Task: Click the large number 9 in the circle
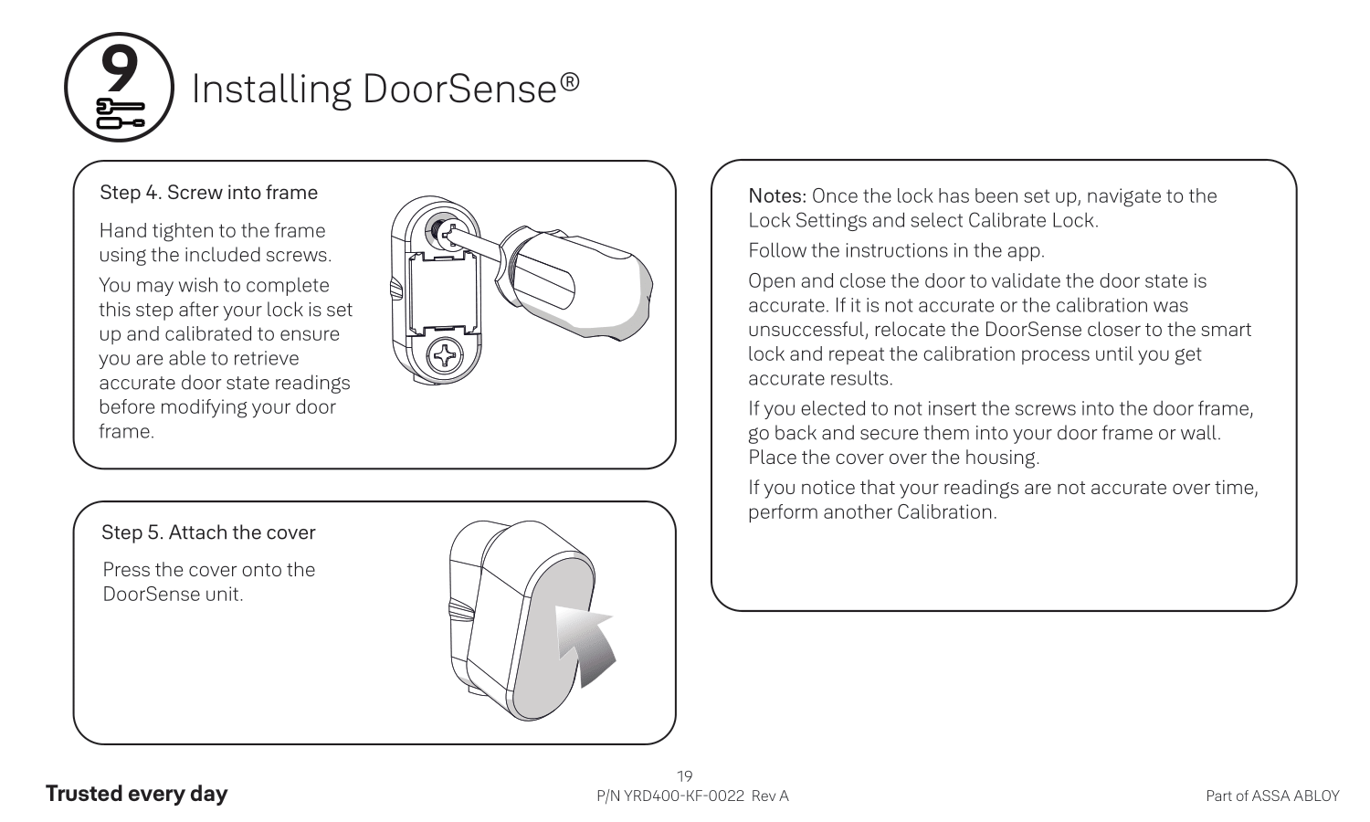tap(119, 68)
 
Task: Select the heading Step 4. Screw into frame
tap(208, 193)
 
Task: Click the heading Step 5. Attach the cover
tap(208, 532)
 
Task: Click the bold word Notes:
tap(777, 196)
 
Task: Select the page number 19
tap(684, 776)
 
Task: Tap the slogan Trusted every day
tap(136, 794)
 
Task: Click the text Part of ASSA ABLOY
tap(1272, 796)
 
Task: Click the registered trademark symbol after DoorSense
tap(569, 82)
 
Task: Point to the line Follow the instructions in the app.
tap(896, 250)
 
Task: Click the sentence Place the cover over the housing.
tap(893, 458)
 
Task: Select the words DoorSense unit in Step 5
tap(173, 595)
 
